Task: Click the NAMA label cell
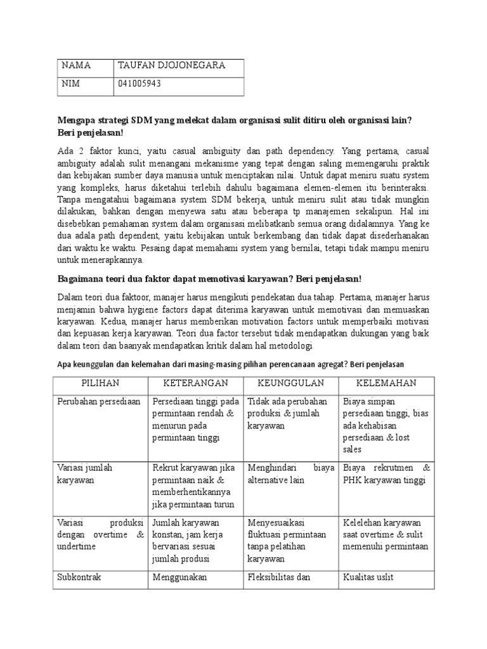[75, 66]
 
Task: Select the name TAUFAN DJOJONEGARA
[171, 66]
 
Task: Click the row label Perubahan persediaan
[98, 402]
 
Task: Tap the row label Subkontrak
[79, 577]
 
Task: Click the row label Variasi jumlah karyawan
[85, 474]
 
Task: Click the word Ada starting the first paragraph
[66, 151]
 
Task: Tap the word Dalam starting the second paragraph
[70, 297]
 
